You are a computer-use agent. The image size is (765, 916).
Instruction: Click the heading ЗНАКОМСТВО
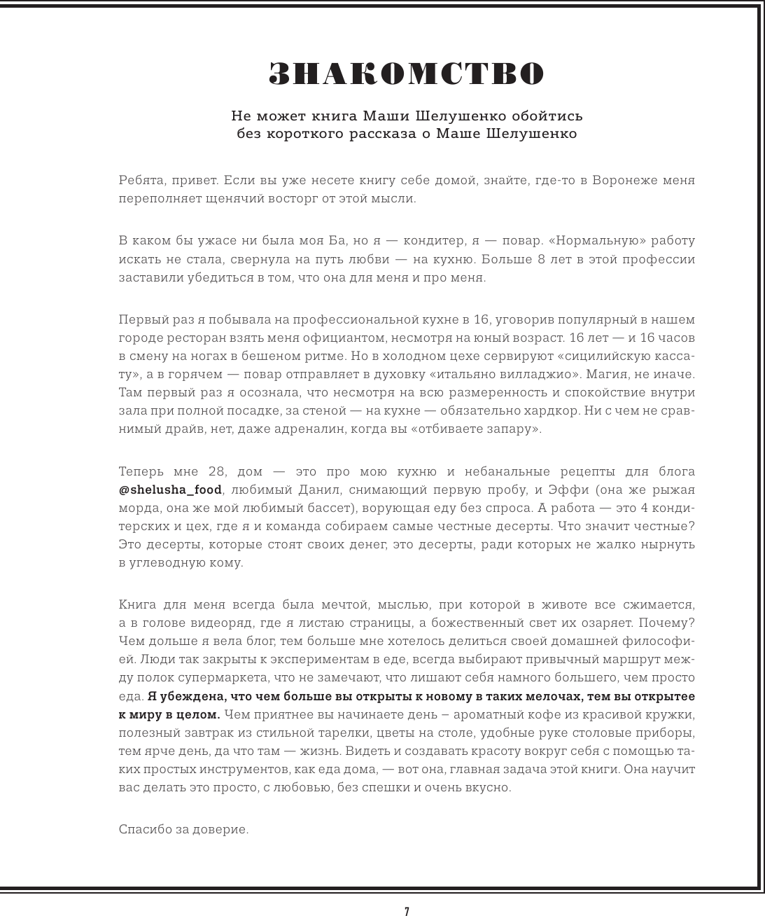click(x=406, y=74)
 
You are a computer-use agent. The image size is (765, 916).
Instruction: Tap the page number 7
click(x=407, y=911)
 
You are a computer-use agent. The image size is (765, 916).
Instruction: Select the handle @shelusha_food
click(x=170, y=490)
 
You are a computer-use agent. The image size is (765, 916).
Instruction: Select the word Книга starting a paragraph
click(x=137, y=604)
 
